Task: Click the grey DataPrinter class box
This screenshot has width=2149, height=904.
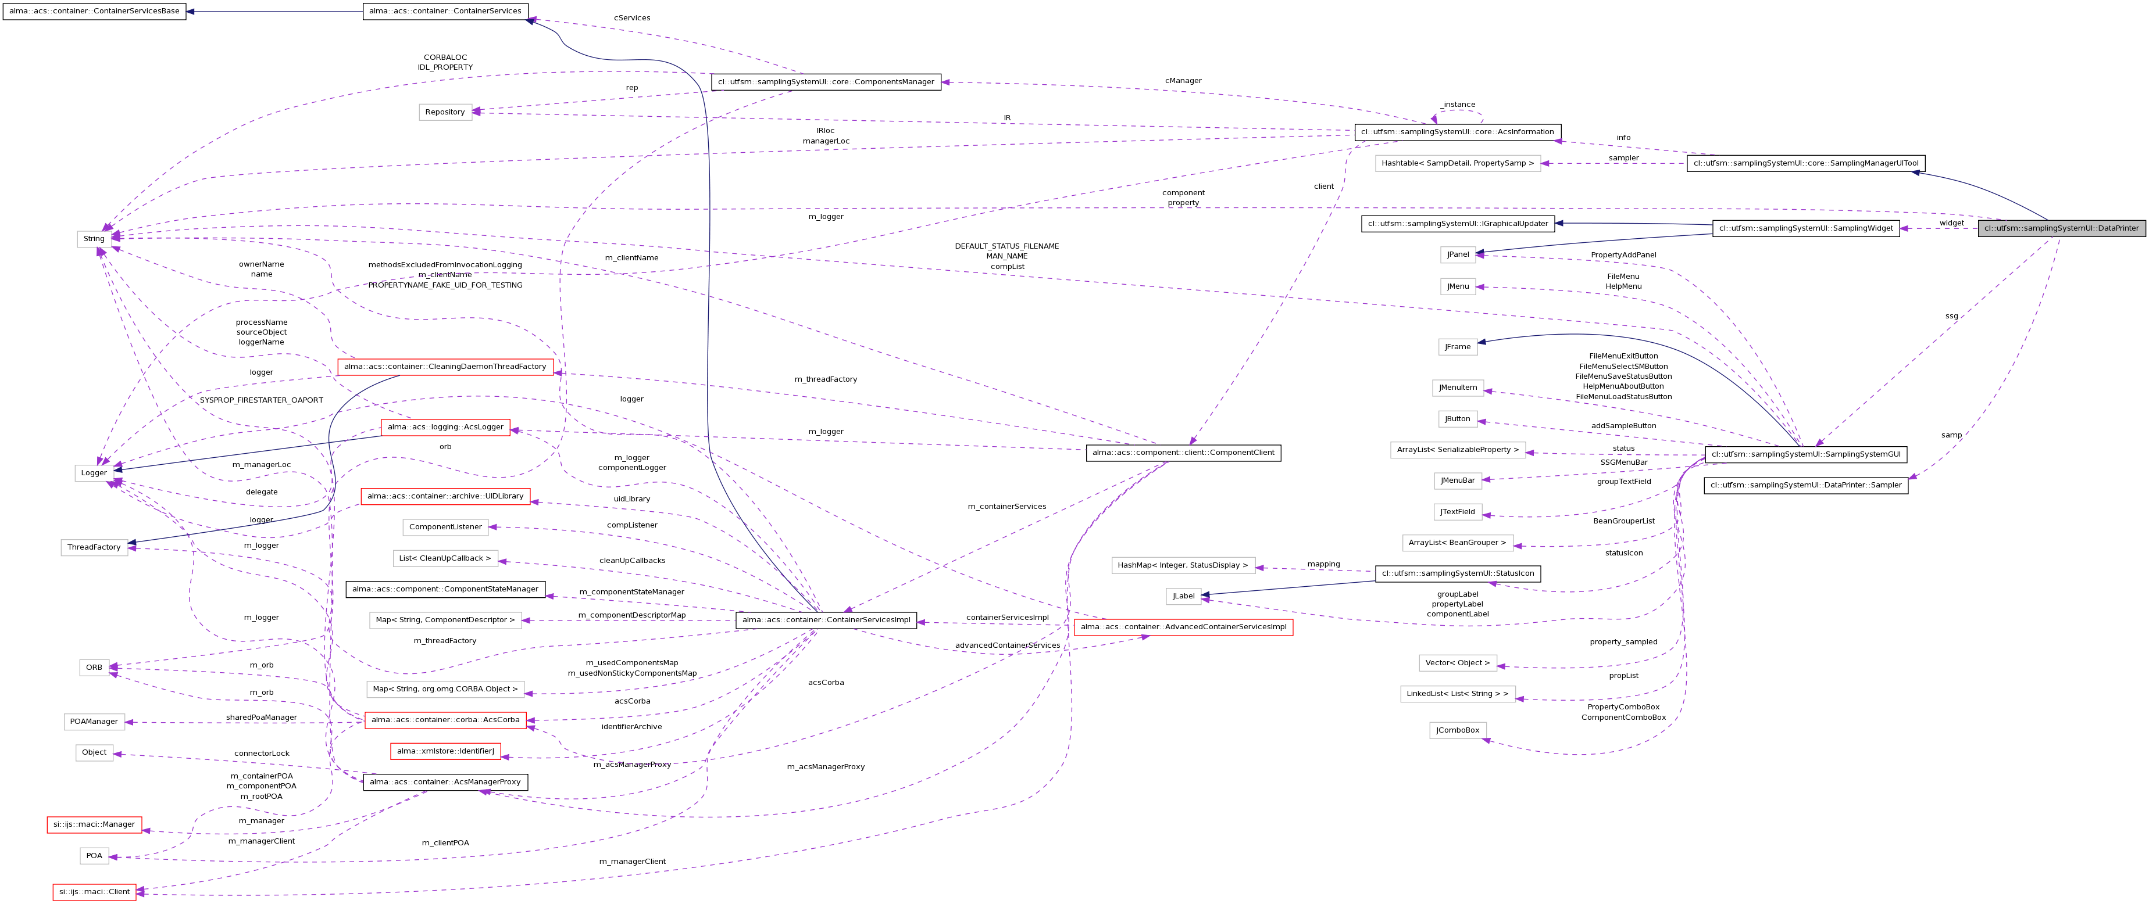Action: coord(2061,228)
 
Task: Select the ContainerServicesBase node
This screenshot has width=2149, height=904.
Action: coord(94,12)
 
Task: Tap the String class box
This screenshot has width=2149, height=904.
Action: coord(94,239)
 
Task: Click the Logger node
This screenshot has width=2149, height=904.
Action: coord(94,473)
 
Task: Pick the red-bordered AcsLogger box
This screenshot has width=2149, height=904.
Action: coord(445,427)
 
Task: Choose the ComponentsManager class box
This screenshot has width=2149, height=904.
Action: coord(825,82)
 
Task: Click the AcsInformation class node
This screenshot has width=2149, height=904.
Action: coord(1457,132)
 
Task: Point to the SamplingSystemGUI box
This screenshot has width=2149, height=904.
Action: coord(1805,454)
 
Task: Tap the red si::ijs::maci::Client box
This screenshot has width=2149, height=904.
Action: coord(94,891)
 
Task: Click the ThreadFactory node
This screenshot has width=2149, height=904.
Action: coord(94,547)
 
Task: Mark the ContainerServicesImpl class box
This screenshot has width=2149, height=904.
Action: coord(826,620)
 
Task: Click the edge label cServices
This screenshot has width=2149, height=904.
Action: coord(631,17)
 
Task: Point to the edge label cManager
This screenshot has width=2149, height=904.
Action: coord(1183,81)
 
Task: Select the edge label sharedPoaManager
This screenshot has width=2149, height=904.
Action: coord(261,717)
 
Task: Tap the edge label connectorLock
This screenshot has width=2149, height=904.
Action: coord(261,753)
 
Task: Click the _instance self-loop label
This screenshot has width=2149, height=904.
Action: coord(1458,104)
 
